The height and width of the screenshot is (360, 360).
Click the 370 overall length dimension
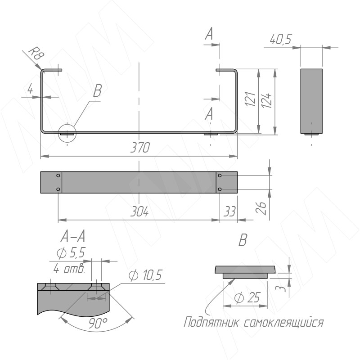click(140, 148)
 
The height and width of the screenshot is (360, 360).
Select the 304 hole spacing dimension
click(139, 211)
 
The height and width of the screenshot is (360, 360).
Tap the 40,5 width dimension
click(280, 39)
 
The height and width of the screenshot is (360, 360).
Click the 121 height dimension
click(250, 99)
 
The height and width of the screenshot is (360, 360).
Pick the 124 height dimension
click(266, 100)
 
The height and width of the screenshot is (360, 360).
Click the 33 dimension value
click(229, 211)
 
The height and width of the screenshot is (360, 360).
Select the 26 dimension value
click(261, 208)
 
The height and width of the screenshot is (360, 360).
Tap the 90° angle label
click(98, 323)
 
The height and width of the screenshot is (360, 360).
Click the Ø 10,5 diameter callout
click(145, 275)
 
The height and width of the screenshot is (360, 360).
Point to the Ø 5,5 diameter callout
click(71, 253)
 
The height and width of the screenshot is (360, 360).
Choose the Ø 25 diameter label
click(247, 298)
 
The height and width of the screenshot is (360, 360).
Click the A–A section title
click(73, 237)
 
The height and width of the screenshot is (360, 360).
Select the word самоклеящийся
click(283, 323)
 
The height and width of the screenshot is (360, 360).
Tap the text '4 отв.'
click(69, 268)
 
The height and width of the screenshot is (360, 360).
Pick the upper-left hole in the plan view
click(58, 175)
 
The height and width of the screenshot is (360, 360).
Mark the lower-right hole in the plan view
click(220, 189)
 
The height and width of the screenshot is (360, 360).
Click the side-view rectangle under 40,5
click(311, 101)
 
